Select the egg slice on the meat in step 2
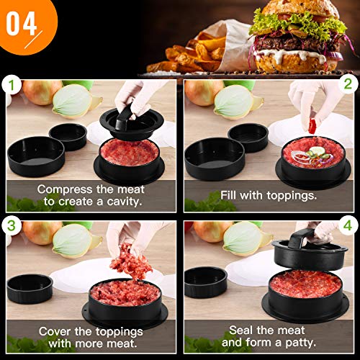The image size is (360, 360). (317, 150)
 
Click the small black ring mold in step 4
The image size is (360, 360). (205, 281)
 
